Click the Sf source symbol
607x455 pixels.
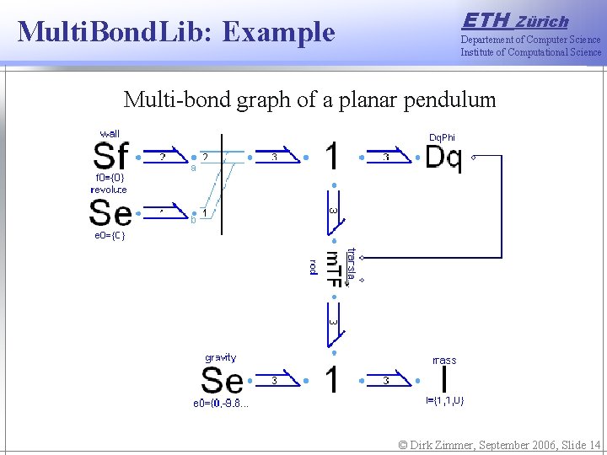tap(111, 157)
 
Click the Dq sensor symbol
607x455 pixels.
tap(443, 157)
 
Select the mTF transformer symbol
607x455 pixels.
tap(334, 269)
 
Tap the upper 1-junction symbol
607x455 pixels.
tap(333, 157)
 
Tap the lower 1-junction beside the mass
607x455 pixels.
tap(333, 380)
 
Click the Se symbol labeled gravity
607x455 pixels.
tap(222, 381)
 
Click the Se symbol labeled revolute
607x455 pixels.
tap(110, 213)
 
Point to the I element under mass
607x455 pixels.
tap(443, 380)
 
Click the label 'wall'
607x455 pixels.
tap(110, 134)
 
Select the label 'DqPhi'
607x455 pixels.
tap(442, 137)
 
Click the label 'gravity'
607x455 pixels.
tap(221, 358)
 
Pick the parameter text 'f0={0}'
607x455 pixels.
tap(110, 178)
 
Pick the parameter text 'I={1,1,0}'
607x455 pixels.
tap(443, 401)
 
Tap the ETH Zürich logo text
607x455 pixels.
tap(515, 20)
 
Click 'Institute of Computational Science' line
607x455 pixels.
tap(530, 52)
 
